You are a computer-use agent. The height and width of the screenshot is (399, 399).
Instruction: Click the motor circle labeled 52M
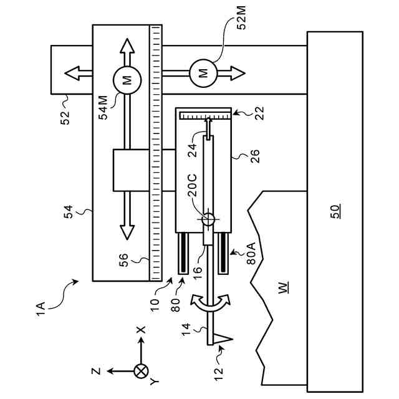click(203, 74)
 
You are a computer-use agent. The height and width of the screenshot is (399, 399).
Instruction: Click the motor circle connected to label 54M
click(127, 80)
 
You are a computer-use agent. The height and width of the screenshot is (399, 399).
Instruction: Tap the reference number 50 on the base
click(335, 212)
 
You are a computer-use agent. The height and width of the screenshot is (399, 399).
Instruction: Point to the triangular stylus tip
click(223, 339)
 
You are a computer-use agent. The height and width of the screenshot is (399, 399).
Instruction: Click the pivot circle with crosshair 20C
click(208, 219)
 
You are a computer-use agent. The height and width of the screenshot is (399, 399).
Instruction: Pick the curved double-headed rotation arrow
click(211, 303)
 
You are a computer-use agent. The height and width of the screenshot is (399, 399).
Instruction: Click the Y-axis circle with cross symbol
click(142, 371)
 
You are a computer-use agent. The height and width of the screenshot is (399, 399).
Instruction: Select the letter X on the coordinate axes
click(141, 330)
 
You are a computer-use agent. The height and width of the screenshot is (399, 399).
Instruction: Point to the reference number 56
click(124, 259)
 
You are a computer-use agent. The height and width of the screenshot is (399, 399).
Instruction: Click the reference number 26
click(255, 156)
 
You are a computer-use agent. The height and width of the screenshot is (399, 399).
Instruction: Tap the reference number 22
click(259, 113)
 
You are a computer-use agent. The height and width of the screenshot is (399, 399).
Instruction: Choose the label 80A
click(251, 254)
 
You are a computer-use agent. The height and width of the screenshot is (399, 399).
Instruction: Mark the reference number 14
click(186, 329)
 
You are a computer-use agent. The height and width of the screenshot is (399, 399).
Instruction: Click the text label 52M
click(241, 17)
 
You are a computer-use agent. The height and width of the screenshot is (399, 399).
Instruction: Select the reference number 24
click(193, 150)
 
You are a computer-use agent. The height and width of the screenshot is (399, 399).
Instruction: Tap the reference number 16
click(198, 273)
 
